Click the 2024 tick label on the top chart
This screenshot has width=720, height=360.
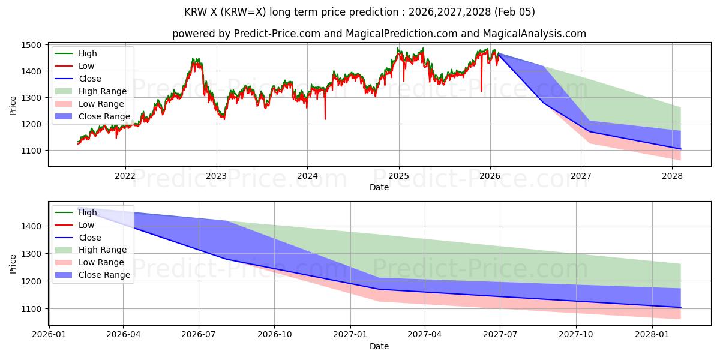[307, 176]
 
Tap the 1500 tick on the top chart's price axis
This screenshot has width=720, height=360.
[31, 45]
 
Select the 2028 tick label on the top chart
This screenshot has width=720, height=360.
[672, 176]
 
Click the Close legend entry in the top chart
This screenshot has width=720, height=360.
[89, 79]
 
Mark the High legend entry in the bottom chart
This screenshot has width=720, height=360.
[87, 212]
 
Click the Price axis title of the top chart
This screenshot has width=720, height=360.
[13, 106]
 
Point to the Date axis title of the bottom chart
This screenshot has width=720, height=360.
[379, 346]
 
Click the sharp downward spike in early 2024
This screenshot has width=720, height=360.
[325, 118]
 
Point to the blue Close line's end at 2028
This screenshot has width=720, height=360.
[680, 149]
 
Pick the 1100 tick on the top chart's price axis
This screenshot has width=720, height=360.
[31, 150]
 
